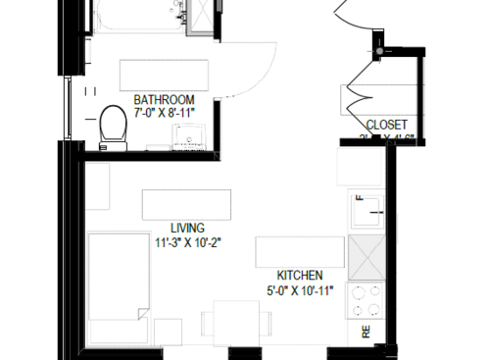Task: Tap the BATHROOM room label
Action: pos(164,100)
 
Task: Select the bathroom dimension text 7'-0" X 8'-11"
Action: pos(165,114)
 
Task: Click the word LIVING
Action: pos(186,228)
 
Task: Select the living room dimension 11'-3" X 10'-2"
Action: pos(186,242)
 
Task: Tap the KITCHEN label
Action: pos(299,276)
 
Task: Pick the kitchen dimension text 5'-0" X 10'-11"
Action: pos(300,290)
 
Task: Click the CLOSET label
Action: pos(386,125)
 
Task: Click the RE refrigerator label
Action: pos(367,333)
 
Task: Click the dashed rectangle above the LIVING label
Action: pos(186,204)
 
